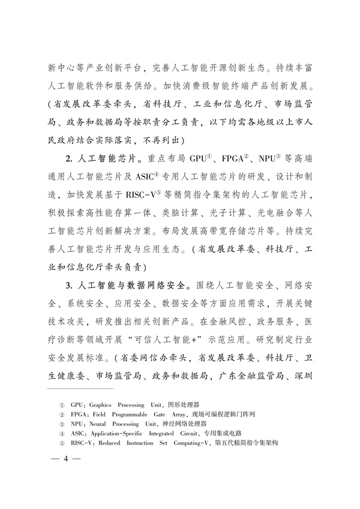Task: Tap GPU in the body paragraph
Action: point(198,161)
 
